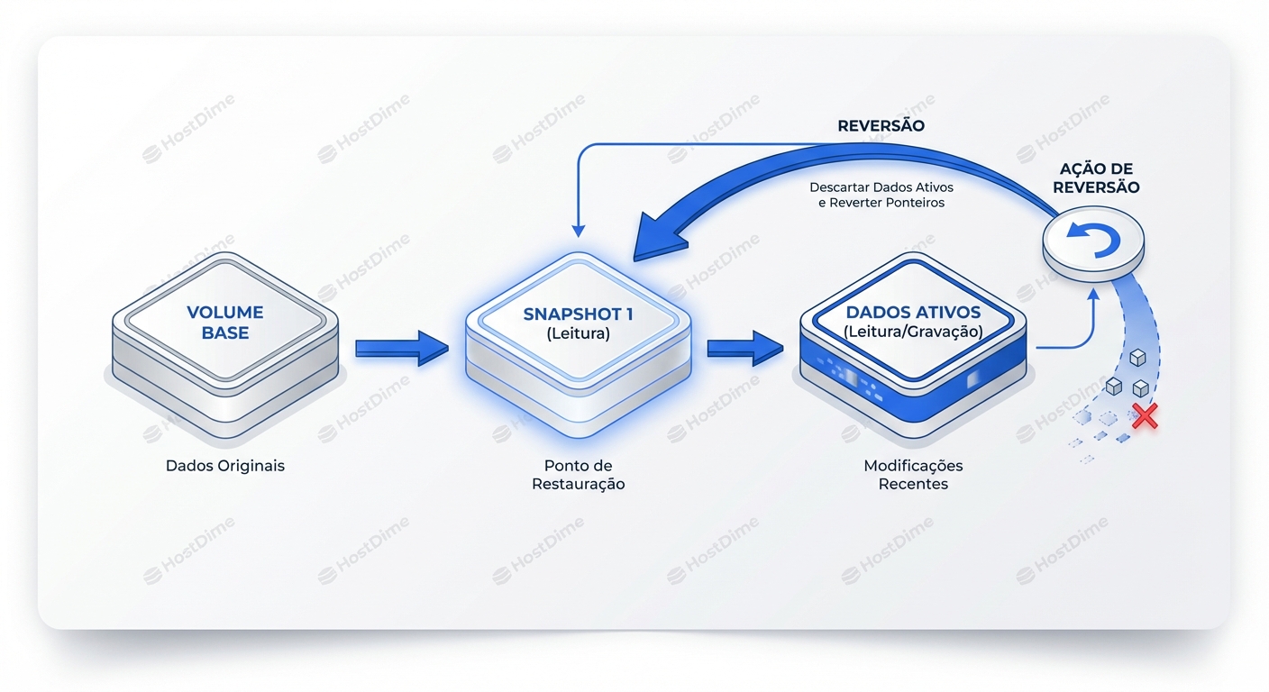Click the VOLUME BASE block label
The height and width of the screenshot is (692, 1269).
tap(225, 322)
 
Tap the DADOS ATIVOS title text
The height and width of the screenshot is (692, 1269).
tap(912, 313)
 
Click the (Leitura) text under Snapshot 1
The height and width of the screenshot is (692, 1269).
tap(579, 333)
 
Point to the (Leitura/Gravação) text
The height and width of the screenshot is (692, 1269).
tap(912, 332)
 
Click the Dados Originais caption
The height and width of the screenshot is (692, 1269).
tap(225, 466)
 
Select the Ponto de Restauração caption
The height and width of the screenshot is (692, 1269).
tap(578, 475)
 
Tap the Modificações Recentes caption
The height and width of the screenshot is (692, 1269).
tap(913, 475)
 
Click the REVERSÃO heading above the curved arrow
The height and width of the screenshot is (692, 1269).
tap(881, 126)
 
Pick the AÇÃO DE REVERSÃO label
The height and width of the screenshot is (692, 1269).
tap(1096, 178)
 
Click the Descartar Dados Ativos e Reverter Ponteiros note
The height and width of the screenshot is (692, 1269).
tap(881, 196)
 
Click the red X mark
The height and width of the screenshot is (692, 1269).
tap(1144, 415)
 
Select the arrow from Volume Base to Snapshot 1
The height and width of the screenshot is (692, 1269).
tap(401, 348)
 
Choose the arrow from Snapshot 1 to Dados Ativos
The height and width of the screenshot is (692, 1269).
tap(744, 348)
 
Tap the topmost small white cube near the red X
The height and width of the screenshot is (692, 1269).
tap(1137, 358)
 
